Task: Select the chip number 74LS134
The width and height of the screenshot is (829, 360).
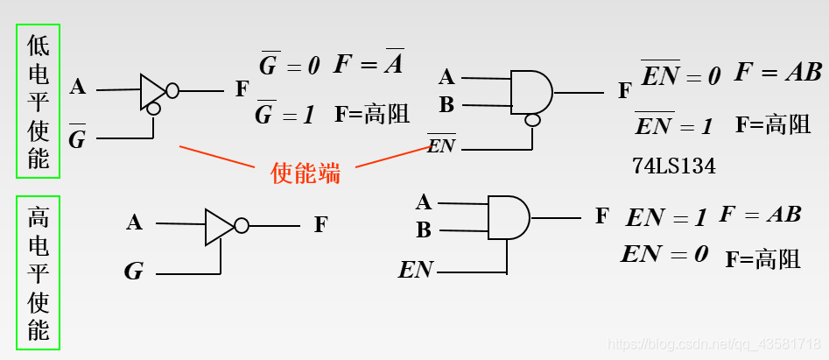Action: (673, 166)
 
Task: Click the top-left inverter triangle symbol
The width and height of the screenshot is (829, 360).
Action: (152, 91)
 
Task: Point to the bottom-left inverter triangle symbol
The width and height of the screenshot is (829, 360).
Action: (219, 226)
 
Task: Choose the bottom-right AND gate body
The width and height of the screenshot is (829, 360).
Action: (508, 216)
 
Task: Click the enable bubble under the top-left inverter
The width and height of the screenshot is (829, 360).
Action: (153, 109)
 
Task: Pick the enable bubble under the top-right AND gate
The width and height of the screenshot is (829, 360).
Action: (531, 120)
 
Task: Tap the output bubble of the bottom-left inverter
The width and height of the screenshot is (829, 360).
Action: (242, 226)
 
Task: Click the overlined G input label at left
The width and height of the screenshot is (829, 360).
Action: (77, 137)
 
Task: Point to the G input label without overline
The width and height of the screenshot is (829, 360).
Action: (133, 271)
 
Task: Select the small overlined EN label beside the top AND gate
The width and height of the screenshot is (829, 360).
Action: (441, 145)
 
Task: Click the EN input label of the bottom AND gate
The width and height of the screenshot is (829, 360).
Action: (416, 270)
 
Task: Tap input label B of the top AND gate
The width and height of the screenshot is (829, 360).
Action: (446, 105)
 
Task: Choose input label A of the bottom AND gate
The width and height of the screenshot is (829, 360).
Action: (424, 203)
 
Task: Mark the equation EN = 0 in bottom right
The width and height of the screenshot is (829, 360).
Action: (664, 255)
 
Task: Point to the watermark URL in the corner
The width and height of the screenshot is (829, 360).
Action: (714, 344)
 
